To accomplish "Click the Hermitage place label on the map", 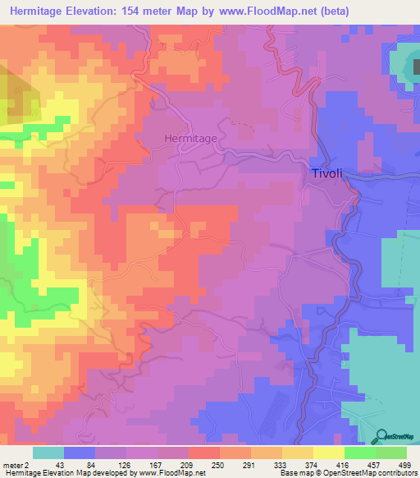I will coord(190,139).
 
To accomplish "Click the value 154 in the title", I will coord(152,11).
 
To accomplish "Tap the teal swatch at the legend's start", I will coord(48,453).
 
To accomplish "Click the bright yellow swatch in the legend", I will coord(329,453).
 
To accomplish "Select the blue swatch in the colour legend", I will coord(80,453).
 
